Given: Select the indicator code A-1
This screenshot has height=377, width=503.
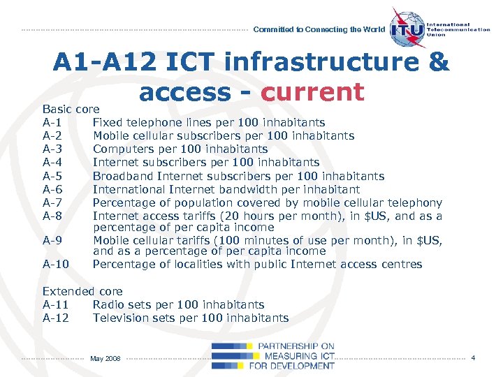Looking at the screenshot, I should point(53,123).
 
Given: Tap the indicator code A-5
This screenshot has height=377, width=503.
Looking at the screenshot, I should point(53,176).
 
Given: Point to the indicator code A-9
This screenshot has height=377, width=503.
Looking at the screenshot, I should point(53,239).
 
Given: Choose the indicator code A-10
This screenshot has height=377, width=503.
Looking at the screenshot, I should point(56,265).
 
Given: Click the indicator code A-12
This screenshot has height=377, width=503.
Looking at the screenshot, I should point(56,318).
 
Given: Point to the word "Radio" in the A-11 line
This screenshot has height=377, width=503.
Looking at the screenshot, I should point(108,305).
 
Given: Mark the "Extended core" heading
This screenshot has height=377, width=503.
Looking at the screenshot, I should point(82,292).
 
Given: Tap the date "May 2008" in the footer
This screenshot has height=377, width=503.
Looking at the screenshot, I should point(105,358).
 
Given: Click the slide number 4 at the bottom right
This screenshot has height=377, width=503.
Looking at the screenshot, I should point(473,358).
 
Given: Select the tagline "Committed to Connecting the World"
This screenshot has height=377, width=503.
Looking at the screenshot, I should point(319,30).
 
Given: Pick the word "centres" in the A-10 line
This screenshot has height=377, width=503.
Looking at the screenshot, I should point(400,265).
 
